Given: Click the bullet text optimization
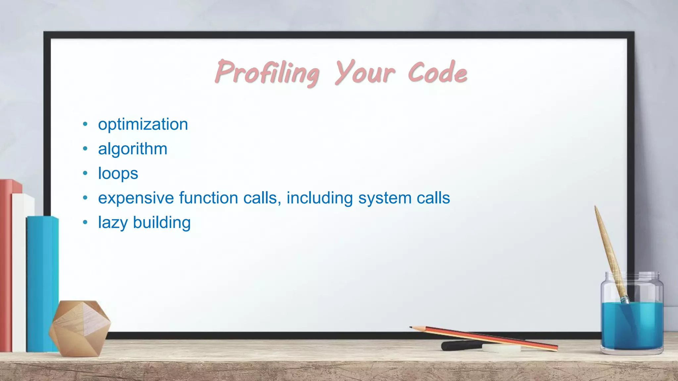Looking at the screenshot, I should pos(143,125).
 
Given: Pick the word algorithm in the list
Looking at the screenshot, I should pos(133,149).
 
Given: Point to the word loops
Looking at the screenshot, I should pos(118,174).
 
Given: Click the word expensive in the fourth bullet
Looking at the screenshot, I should pos(136,198).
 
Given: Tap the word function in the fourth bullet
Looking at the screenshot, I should pos(209,198).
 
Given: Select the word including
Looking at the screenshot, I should pos(320,198).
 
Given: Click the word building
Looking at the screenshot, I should pos(162,223).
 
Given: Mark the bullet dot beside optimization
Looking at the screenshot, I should pos(85,124).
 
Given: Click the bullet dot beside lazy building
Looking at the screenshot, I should pos(85,223).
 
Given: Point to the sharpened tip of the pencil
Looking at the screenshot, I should pos(412,327).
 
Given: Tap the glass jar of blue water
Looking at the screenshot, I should pos(632,317).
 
